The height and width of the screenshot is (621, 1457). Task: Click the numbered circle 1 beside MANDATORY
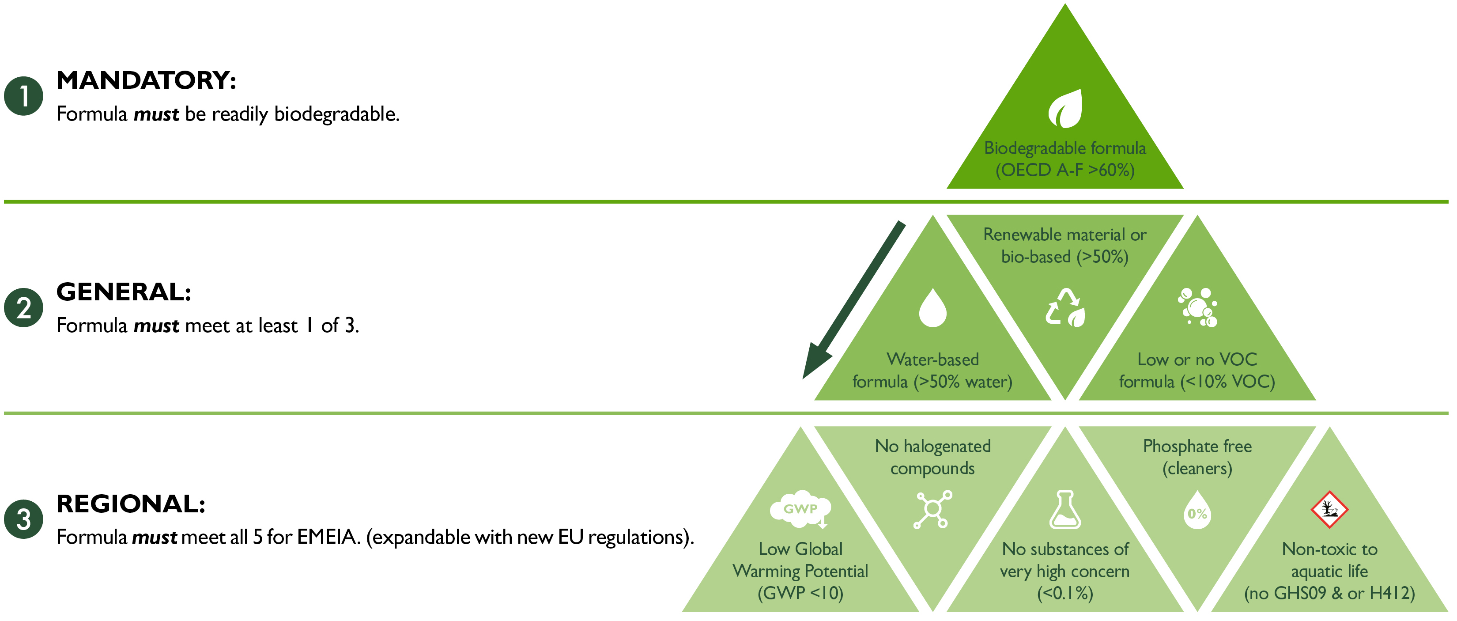pos(24,96)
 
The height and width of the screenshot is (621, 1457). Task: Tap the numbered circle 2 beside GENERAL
pos(24,308)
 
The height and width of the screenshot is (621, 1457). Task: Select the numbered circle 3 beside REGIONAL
pos(24,519)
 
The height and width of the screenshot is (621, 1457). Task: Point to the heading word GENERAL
pos(123,292)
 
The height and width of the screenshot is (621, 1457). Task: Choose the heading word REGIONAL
pos(131,504)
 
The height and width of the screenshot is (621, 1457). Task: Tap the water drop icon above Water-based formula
pos(932,308)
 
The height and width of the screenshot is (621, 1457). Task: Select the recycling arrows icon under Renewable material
pos(1065,308)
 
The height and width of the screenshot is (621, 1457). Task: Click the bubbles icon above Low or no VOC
pos(1197,308)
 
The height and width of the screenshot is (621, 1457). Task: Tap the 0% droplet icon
pos(1197,511)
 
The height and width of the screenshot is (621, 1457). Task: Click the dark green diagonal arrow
pos(854,300)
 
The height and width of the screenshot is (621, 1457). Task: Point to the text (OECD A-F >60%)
pos(1065,170)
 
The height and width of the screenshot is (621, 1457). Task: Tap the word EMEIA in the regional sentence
pos(328,537)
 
